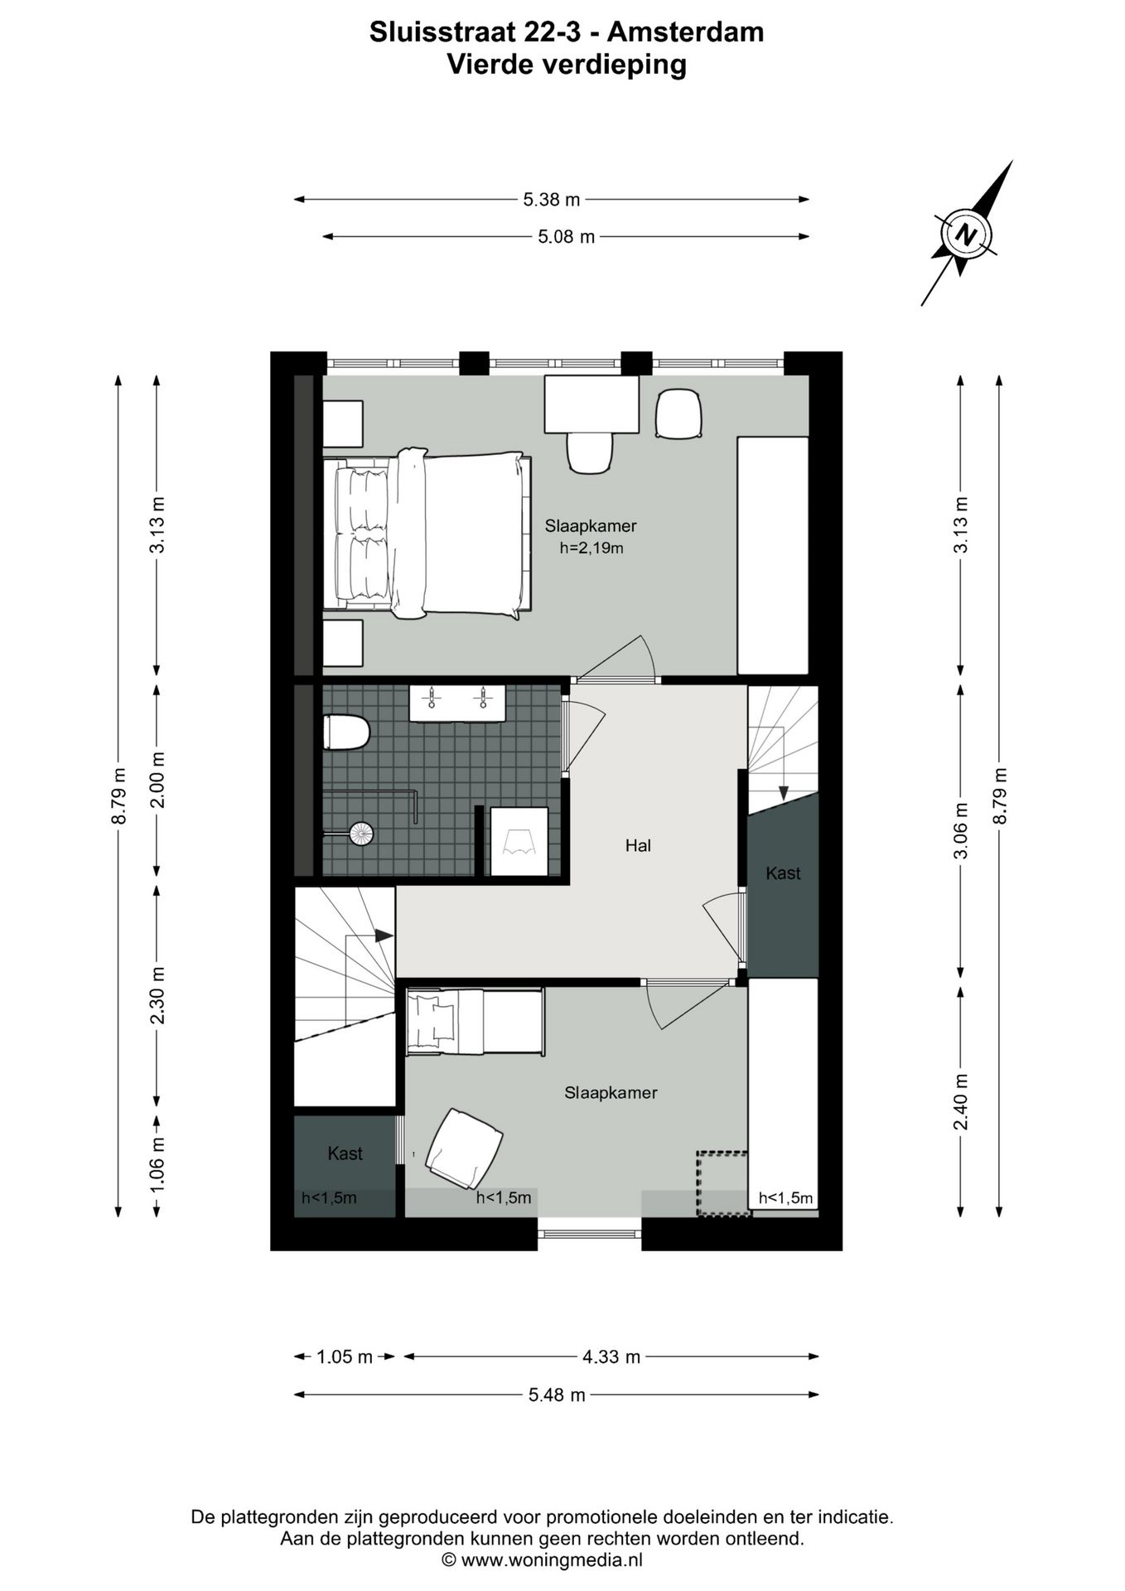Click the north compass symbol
(x=964, y=233)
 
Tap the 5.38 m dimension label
(x=551, y=200)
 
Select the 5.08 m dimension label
(x=566, y=237)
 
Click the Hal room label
(x=638, y=846)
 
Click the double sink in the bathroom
(x=457, y=703)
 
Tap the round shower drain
(x=362, y=833)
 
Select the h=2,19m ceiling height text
(x=591, y=548)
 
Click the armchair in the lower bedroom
(x=465, y=1148)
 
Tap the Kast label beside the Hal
(x=783, y=873)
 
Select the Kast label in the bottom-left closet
(x=345, y=1153)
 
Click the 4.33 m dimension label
(x=611, y=1357)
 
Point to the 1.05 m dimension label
(x=345, y=1357)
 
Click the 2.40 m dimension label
(x=961, y=1101)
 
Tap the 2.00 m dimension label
(x=157, y=780)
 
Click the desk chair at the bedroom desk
(x=590, y=452)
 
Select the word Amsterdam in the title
(x=685, y=32)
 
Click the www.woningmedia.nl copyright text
(x=542, y=1560)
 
